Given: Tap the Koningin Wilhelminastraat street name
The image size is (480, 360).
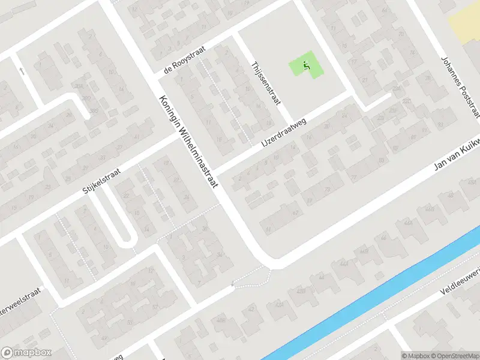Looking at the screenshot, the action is point(187,142).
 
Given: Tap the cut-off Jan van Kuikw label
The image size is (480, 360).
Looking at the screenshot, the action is point(457,164).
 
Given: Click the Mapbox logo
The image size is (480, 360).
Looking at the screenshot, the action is point(25,352).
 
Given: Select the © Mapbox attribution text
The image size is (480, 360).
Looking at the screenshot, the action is point(415,355).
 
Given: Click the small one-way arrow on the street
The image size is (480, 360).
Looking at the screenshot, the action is point(22,71).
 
